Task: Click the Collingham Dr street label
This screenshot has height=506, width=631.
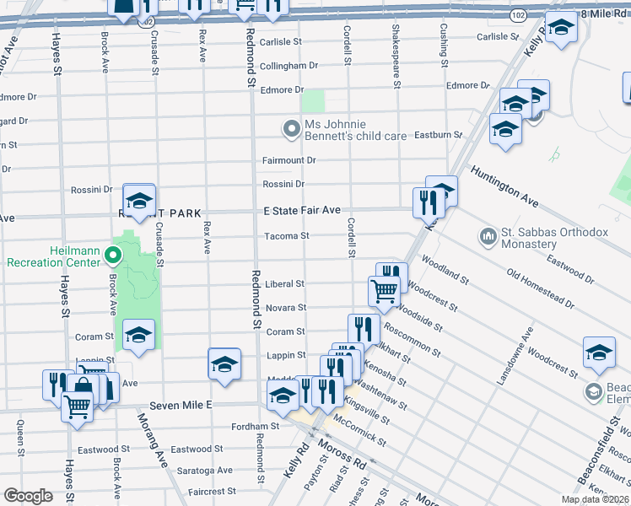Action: [289, 66]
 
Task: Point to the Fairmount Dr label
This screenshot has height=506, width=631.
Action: [289, 160]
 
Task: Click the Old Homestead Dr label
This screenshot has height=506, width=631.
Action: [540, 288]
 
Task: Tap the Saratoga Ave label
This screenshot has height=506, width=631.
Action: [202, 470]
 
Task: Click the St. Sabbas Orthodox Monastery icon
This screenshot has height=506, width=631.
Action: [488, 234]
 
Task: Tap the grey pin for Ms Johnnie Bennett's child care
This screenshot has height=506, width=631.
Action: [291, 128]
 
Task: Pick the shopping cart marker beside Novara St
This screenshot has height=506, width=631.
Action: [384, 291]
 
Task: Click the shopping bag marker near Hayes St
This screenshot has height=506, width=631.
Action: [84, 386]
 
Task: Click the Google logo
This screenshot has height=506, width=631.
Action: [28, 496]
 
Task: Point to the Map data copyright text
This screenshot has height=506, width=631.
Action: [595, 499]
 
